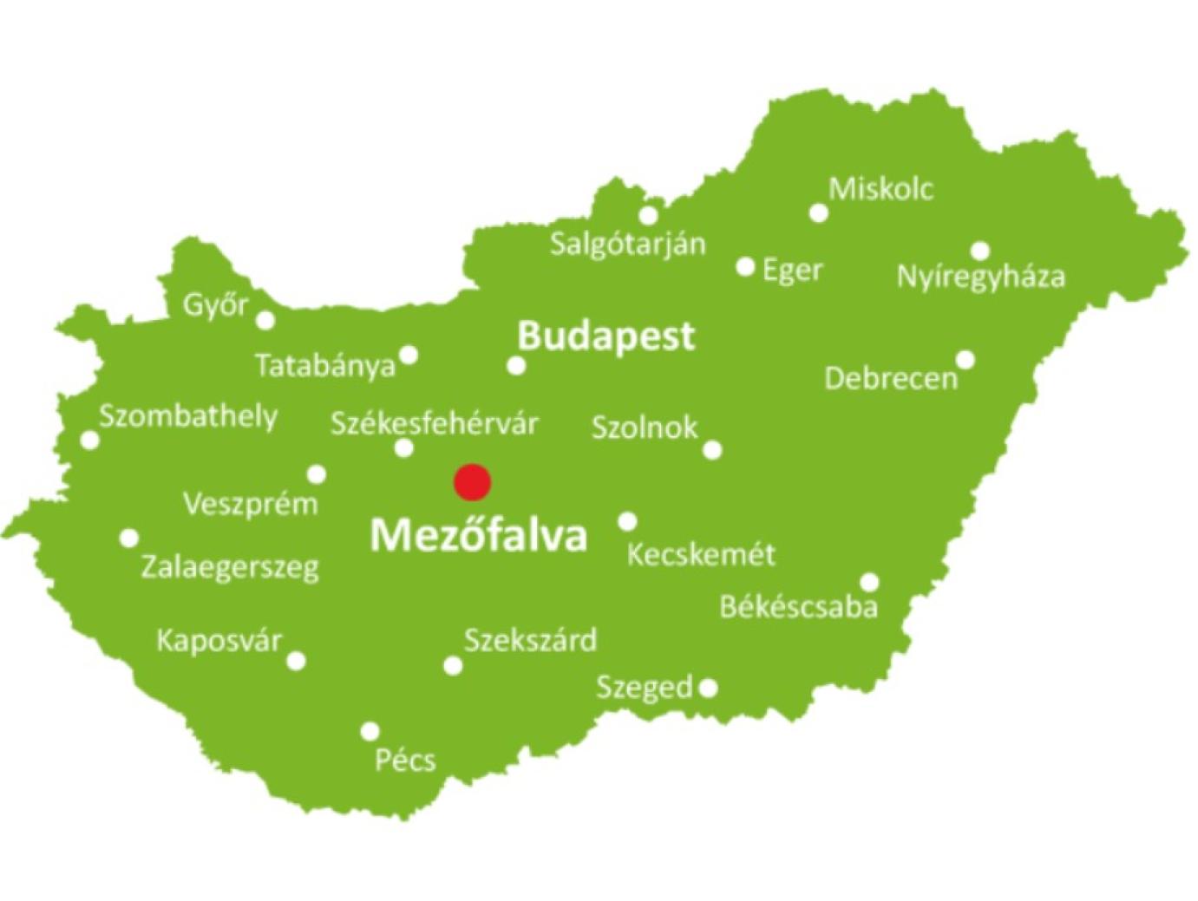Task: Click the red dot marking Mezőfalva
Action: pos(473,481)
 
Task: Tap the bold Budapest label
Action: pos(606,336)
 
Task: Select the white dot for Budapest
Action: pos(516,366)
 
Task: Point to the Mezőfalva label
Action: pos(478,536)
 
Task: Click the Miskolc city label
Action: pos(880,188)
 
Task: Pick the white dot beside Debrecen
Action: pos(965,360)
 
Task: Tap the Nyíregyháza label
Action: pos(980,277)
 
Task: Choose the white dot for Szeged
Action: pos(708,689)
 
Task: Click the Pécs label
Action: pos(404,761)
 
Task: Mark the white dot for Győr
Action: pos(266,321)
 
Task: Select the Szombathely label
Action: pos(188,416)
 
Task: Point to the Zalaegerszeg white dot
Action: pos(129,539)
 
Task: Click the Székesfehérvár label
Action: pos(434,424)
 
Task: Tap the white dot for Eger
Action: pos(745,267)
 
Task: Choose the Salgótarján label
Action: pos(628,244)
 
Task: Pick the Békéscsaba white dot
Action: pos(868,583)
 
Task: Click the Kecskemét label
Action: pos(701,554)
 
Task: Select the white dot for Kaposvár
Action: pos(296,662)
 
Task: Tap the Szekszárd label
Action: pos(530,641)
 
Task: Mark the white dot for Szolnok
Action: pos(712,450)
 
